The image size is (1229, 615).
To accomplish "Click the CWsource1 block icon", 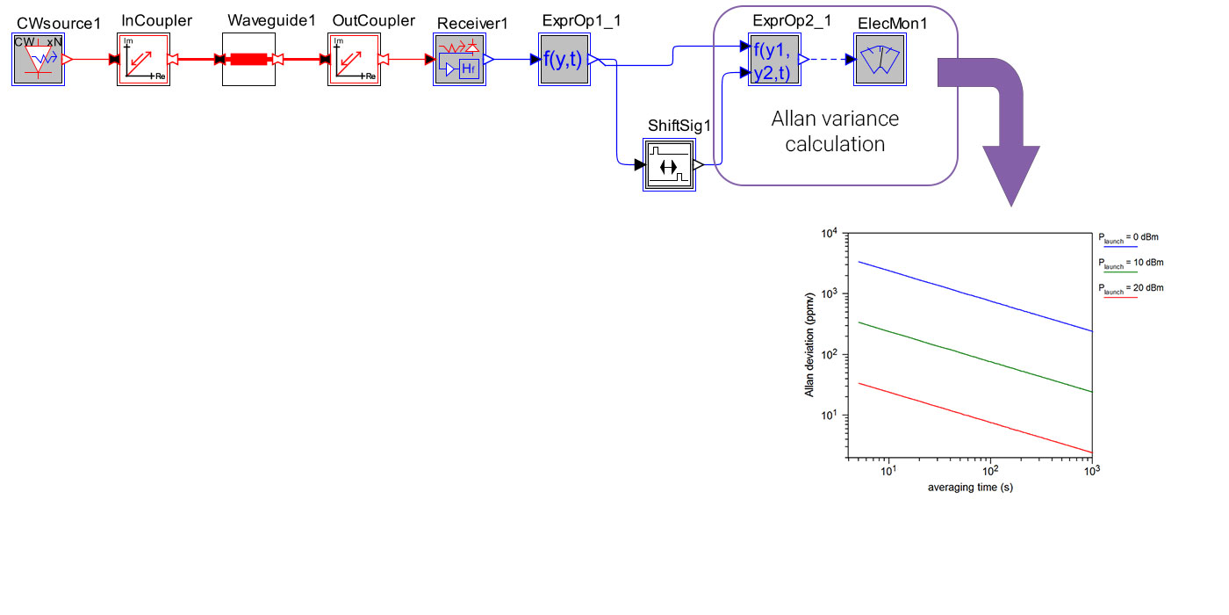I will point(38,60).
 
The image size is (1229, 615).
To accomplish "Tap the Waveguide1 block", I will point(248,60).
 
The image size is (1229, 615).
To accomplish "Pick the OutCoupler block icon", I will point(354,60).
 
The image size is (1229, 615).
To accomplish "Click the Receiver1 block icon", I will point(459,60).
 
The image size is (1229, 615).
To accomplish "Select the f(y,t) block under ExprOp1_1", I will point(564,60).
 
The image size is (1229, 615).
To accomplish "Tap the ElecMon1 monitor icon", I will point(880,60).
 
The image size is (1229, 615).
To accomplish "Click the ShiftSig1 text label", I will point(679,125).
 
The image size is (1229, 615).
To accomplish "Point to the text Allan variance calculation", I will point(835,131).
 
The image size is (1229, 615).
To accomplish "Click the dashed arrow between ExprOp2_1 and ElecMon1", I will point(827,60).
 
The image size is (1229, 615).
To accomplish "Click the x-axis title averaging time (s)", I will point(970,487).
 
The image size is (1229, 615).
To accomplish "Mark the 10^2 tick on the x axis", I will point(990,472).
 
